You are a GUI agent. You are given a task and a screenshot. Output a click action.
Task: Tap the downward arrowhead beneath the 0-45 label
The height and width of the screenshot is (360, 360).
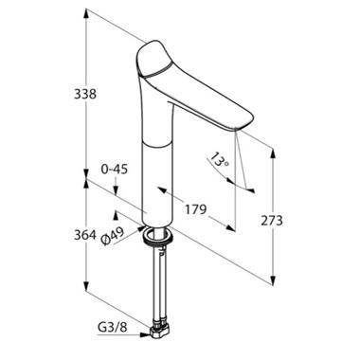point(115,193)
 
